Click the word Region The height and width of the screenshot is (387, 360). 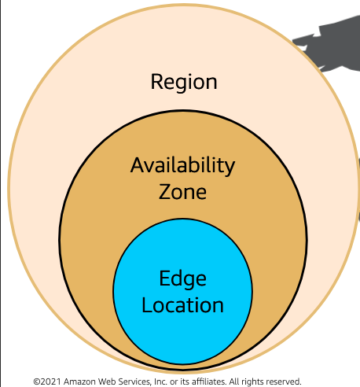click(184, 83)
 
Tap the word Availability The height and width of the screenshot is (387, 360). click(182, 166)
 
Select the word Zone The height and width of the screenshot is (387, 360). click(182, 192)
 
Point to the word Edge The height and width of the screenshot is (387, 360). click(182, 279)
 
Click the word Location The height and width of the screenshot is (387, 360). click(182, 305)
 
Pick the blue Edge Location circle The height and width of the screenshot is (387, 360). click(182, 292)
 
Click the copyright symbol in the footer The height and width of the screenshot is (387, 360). click(37, 381)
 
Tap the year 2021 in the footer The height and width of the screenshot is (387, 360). click(50, 381)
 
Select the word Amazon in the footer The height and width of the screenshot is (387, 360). click(79, 381)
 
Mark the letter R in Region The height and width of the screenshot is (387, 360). click(156, 82)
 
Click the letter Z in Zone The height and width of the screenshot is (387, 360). click(164, 192)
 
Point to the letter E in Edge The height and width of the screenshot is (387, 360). click(164, 278)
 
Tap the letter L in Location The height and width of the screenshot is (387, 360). click(147, 304)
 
